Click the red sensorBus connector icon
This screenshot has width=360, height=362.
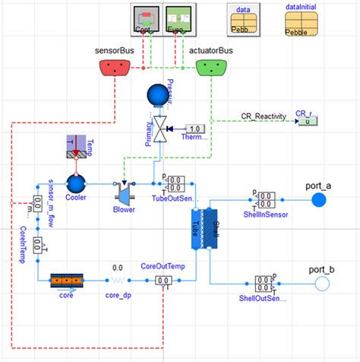tap(116, 69)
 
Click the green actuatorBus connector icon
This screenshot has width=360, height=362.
tap(213, 69)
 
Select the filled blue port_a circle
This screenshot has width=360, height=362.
tap(319, 200)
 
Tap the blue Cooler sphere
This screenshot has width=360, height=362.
tap(74, 183)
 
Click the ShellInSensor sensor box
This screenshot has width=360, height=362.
tap(267, 200)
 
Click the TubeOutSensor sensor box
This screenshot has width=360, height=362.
tap(175, 184)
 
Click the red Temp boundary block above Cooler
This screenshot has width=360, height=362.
tap(74, 151)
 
